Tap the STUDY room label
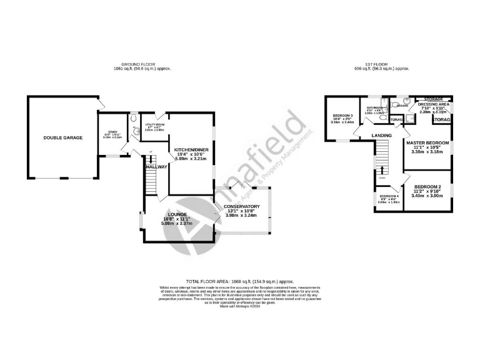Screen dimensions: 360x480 point(113,132)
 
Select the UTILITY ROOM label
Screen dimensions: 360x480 point(154,125)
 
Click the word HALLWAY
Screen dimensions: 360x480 point(156,167)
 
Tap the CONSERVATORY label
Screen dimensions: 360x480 point(241,206)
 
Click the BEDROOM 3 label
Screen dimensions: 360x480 point(343,116)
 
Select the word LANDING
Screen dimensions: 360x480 point(381,135)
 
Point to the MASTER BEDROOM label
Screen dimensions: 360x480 point(428,142)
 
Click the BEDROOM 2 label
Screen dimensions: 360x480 point(428,187)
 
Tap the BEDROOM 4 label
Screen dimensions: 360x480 point(388,196)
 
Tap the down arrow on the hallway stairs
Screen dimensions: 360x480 point(150,160)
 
